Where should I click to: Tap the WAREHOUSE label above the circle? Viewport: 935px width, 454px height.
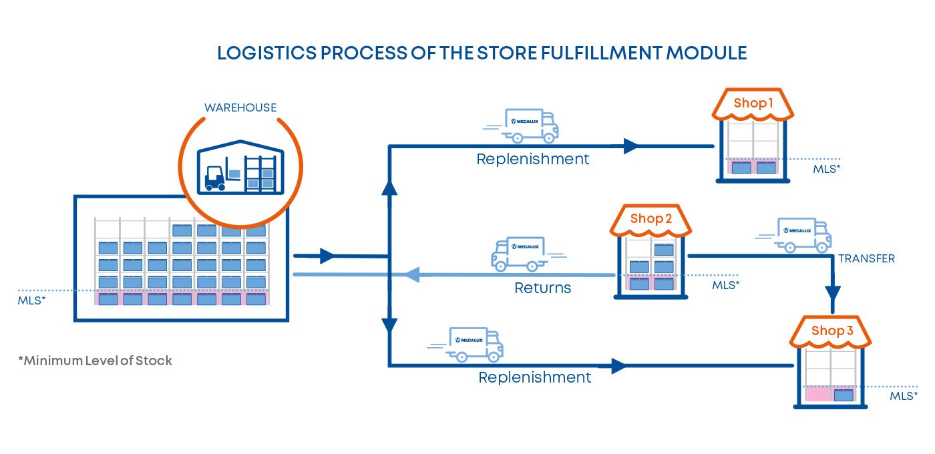240,107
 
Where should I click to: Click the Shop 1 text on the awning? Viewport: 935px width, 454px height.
753,103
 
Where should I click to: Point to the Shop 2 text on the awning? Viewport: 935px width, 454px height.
650,219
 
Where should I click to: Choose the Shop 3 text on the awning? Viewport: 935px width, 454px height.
832,330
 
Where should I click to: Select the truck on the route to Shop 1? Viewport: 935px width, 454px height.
531,126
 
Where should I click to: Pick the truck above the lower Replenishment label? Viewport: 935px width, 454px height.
476,345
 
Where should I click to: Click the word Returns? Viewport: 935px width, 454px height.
542,288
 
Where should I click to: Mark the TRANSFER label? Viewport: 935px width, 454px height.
866,258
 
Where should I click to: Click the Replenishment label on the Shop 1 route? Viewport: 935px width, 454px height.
532,160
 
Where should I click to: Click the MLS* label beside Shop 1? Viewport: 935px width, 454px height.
826,169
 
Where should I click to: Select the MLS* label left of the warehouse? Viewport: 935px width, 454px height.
31,300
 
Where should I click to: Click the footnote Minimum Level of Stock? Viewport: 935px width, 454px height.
95,361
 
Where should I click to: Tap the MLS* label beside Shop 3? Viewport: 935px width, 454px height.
904,396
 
